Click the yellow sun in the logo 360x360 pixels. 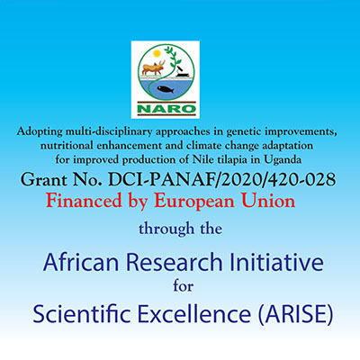click(156, 54)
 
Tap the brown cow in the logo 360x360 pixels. click(153, 67)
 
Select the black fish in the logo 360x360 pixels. click(166, 89)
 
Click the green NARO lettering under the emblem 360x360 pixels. click(166, 109)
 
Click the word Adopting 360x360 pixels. click(40, 132)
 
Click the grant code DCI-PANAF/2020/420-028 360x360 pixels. click(221, 180)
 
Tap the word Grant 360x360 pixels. click(44, 180)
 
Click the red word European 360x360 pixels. click(194, 202)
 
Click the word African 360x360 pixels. click(81, 262)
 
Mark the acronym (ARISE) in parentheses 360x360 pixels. click(295, 314)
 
